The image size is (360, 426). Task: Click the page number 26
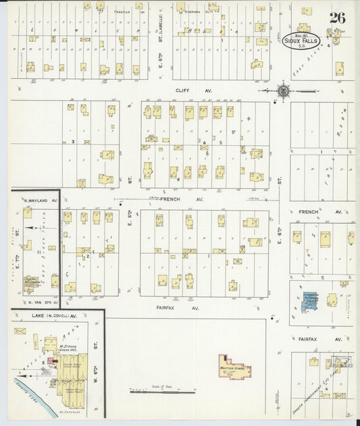pos(337,18)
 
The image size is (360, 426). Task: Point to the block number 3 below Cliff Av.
pos(72,142)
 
